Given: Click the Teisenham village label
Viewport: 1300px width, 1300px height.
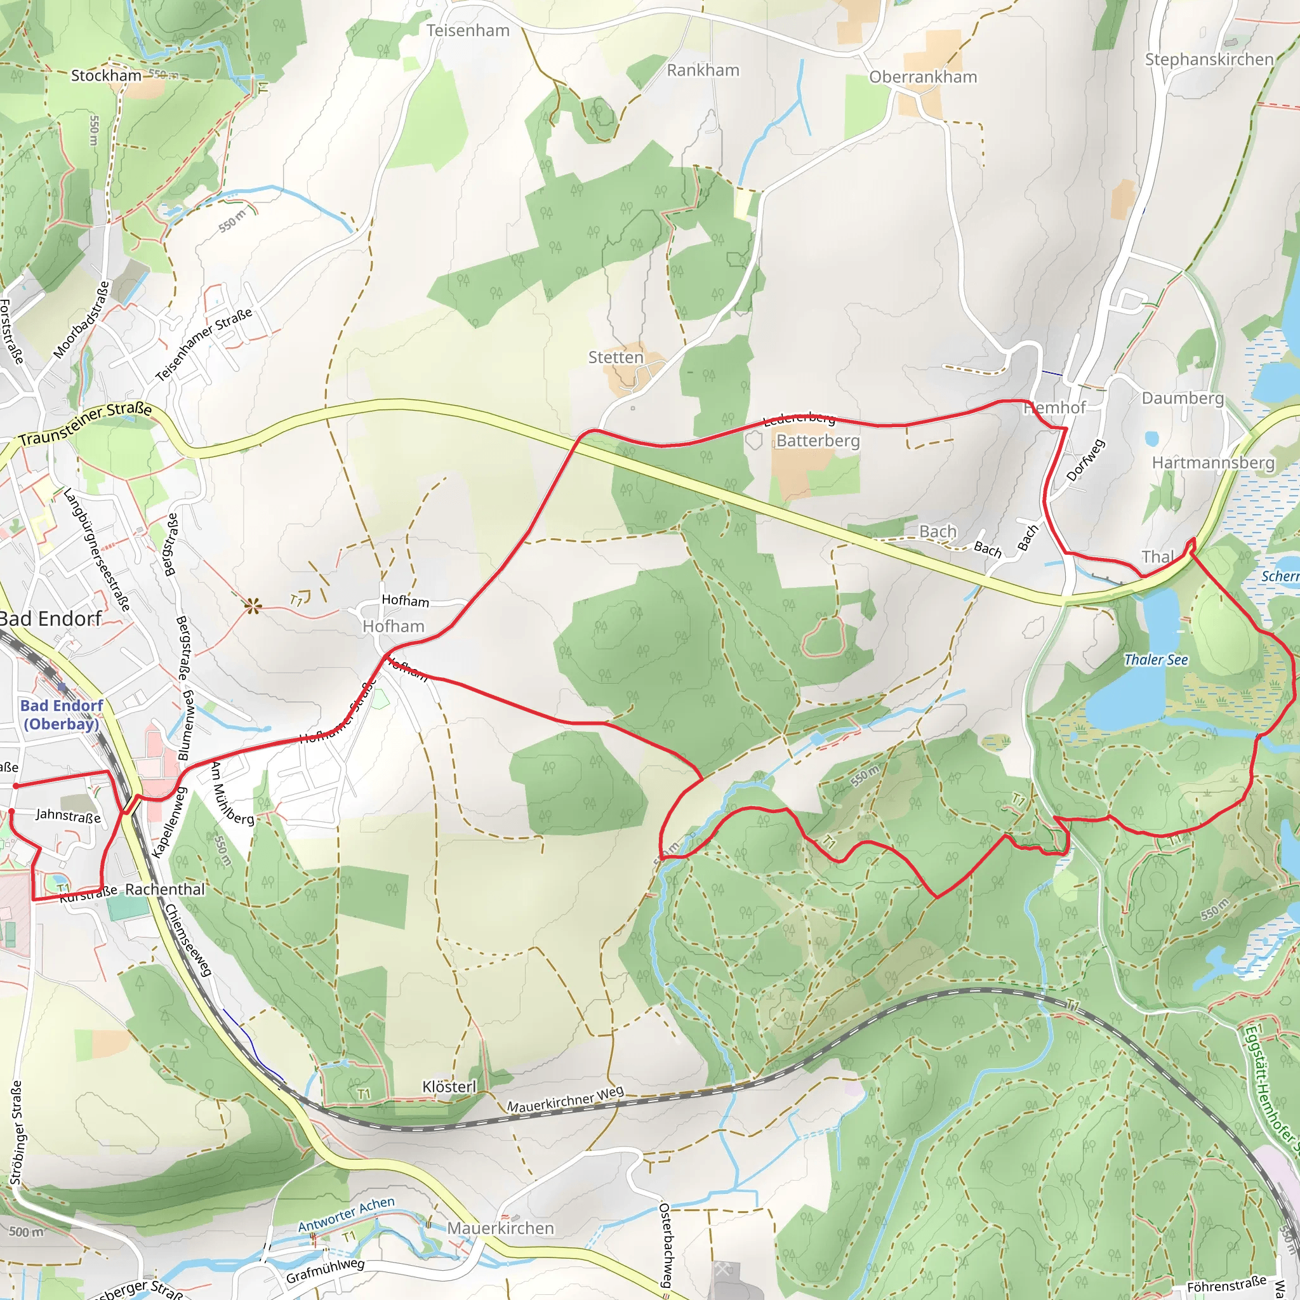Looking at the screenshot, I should (x=468, y=31).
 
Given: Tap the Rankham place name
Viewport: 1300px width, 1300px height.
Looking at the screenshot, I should (x=703, y=70).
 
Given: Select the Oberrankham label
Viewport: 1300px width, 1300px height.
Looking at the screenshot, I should (x=922, y=77).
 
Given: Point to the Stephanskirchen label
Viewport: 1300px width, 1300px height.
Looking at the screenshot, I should (x=1209, y=60).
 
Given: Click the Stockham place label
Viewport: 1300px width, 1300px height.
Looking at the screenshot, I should (x=106, y=76).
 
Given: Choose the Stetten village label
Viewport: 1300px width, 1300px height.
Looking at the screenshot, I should (x=615, y=357).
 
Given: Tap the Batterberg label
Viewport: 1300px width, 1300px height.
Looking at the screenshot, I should (x=818, y=441).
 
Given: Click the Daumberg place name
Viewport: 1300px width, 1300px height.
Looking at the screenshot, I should (x=1182, y=399).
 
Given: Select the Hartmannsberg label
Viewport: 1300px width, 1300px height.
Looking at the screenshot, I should (x=1212, y=463).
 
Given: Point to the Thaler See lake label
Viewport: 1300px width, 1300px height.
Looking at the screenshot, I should (x=1155, y=660).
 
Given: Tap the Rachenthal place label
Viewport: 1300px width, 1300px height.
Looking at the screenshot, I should (x=165, y=889).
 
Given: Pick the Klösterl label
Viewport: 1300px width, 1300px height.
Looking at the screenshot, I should (x=449, y=1087).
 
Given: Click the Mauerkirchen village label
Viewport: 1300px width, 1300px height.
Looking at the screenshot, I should (x=501, y=1228).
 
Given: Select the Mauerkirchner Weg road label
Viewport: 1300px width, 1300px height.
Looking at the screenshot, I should (x=564, y=1099).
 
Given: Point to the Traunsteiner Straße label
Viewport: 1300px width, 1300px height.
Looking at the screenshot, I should (x=86, y=424).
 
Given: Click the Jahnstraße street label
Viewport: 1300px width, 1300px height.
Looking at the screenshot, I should (x=68, y=816).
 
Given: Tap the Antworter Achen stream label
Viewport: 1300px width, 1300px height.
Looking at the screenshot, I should (x=346, y=1214).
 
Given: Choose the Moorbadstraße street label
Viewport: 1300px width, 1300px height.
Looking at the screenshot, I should (x=82, y=320).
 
